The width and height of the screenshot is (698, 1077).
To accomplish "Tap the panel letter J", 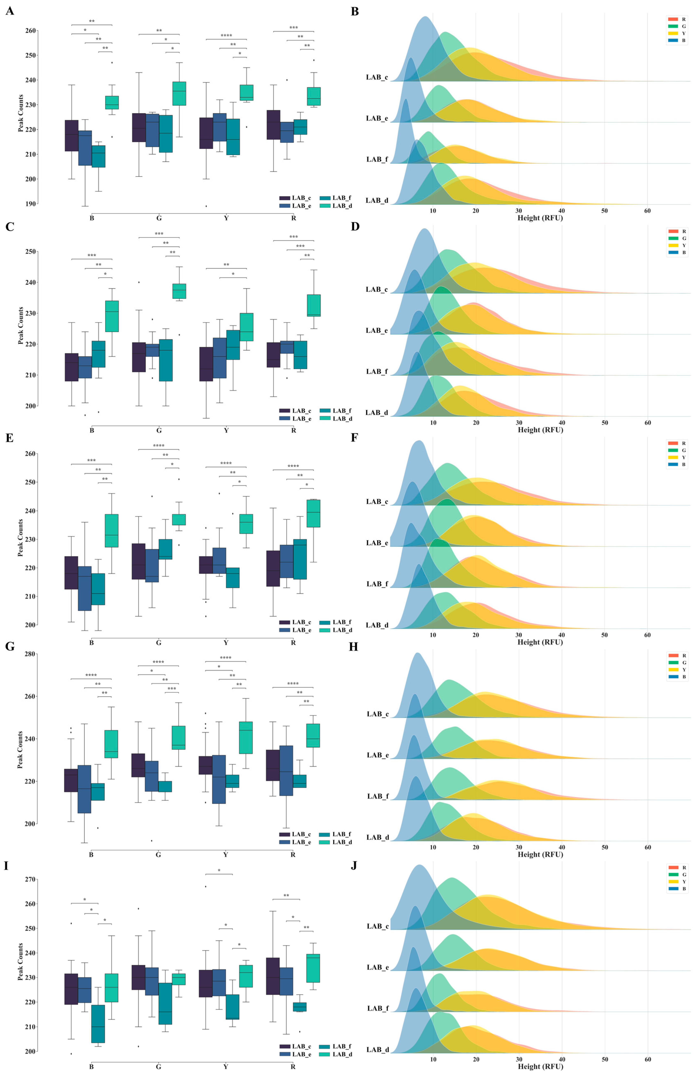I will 354,865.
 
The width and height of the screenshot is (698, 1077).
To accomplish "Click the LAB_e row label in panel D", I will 376,330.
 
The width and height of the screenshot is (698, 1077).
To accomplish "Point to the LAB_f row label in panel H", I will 377,796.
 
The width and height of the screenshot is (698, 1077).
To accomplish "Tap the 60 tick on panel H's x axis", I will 647,847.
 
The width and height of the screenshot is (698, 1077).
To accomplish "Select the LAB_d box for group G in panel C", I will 179,291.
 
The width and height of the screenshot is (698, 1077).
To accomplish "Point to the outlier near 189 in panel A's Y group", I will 206,206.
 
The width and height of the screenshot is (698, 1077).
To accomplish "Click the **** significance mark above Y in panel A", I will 226,35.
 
